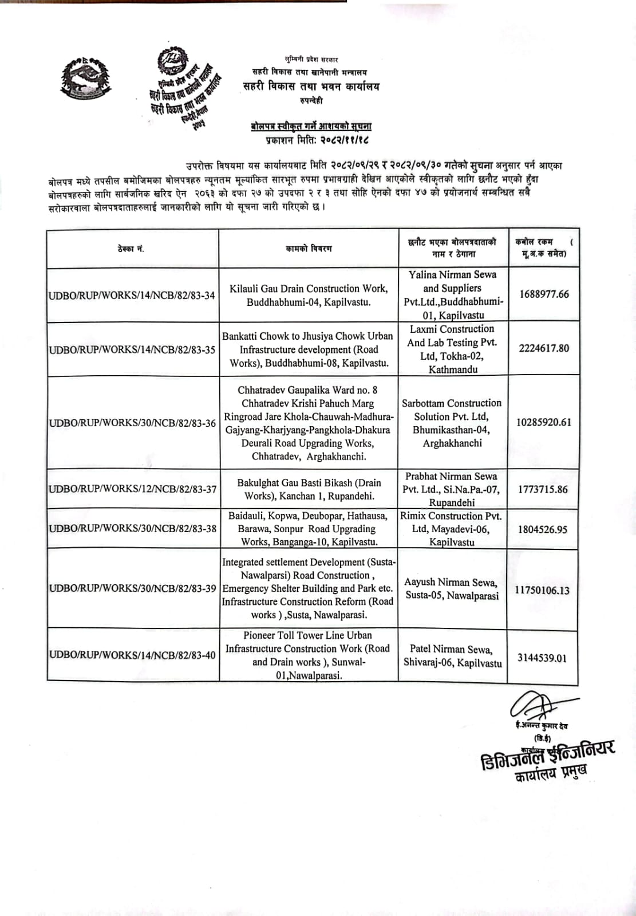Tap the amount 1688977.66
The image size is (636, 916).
[x=544, y=294]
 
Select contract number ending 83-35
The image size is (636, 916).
[x=132, y=349]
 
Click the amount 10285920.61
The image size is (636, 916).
[x=544, y=422]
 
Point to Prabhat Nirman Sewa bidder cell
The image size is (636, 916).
[x=452, y=489]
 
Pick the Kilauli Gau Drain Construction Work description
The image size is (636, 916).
[x=309, y=295]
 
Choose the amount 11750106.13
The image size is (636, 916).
[x=542, y=590]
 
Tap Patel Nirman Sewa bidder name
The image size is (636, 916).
[x=452, y=656]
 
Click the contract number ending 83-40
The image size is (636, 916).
[x=132, y=655]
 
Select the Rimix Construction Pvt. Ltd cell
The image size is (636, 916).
[x=452, y=529]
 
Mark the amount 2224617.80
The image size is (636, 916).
[x=544, y=348]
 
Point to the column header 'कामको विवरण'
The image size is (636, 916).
[x=309, y=249]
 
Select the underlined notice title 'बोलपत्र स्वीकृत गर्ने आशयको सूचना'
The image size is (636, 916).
[x=311, y=126]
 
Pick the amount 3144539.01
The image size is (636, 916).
[x=542, y=658]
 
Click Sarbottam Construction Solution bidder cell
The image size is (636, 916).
[x=452, y=423]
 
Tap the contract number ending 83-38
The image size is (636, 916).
[x=132, y=528]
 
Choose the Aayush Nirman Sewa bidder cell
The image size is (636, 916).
[x=452, y=589]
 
